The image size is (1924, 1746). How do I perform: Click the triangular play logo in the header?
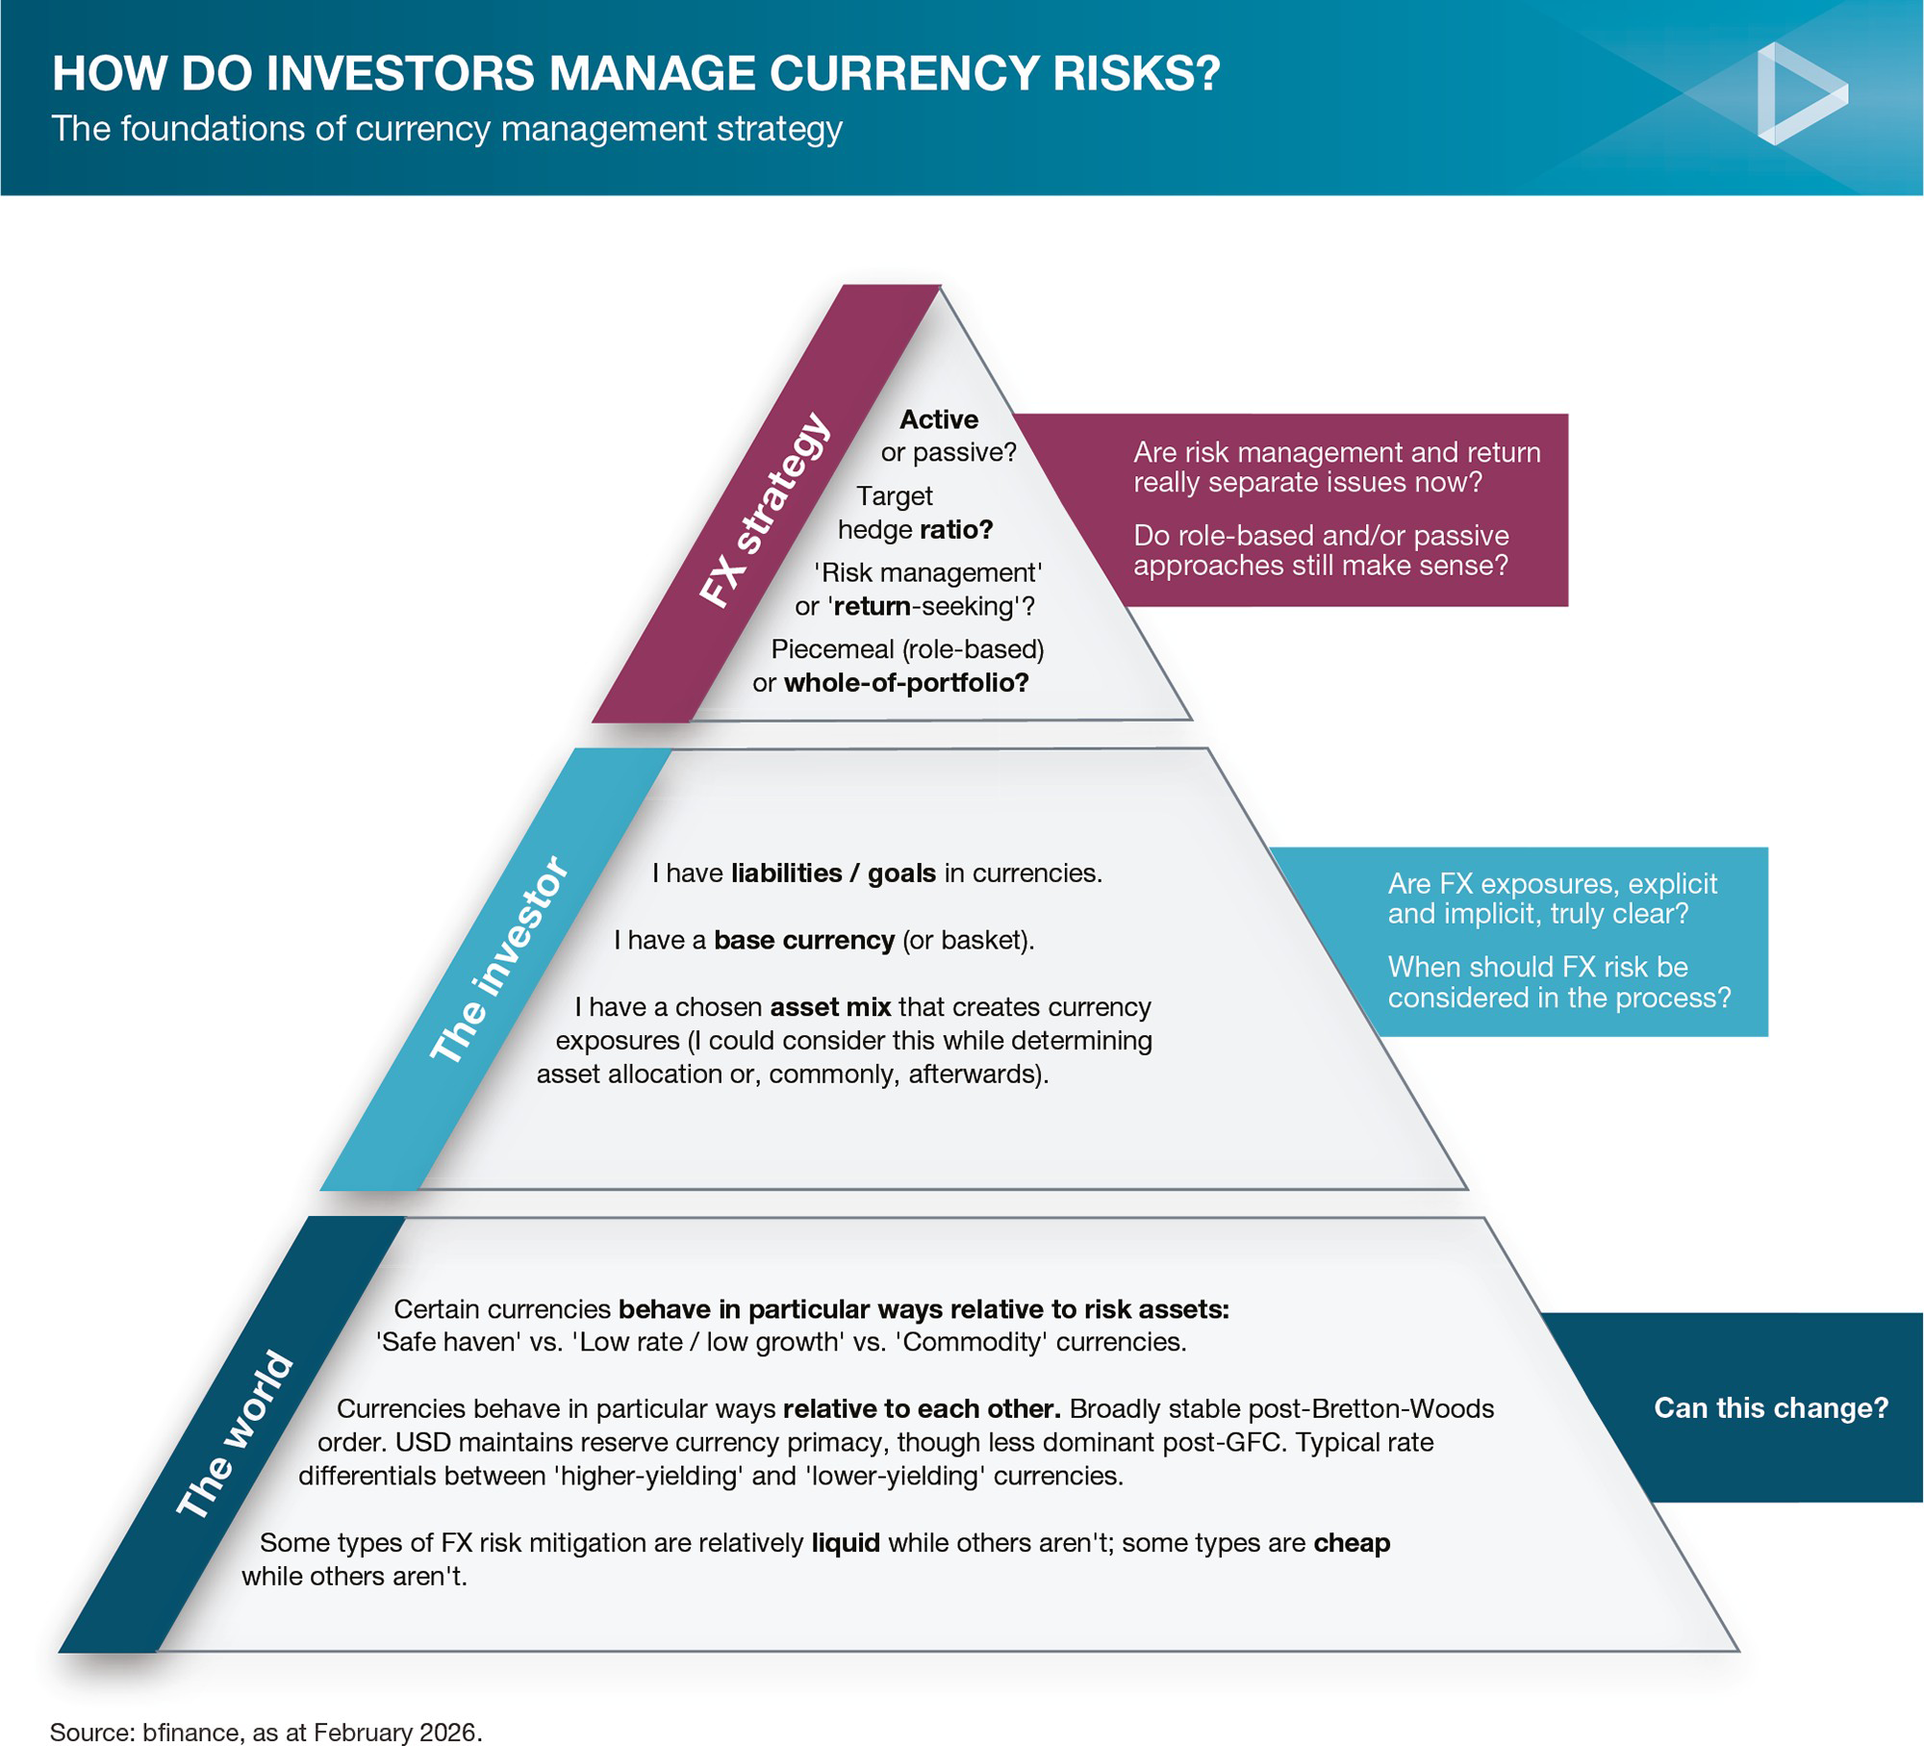[x=1797, y=94]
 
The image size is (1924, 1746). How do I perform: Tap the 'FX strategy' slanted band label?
[x=763, y=511]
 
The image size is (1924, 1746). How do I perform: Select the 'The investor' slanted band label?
[x=499, y=960]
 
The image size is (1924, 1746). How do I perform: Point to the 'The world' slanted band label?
[x=234, y=1434]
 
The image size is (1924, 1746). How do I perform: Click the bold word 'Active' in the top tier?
[x=939, y=419]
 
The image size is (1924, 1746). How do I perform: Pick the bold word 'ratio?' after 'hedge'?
[x=956, y=530]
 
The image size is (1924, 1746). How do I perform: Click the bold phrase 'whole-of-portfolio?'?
[x=906, y=683]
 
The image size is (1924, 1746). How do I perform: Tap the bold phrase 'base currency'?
[x=804, y=940]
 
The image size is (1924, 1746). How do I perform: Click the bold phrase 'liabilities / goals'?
[x=833, y=873]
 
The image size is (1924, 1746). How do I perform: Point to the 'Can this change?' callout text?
[x=1771, y=1408]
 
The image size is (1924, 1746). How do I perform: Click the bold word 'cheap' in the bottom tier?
[x=1352, y=1543]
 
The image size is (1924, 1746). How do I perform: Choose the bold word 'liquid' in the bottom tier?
[x=846, y=1543]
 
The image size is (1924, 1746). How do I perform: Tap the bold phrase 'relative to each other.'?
[x=922, y=1409]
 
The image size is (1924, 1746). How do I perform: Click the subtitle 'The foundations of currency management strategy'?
[x=447, y=129]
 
